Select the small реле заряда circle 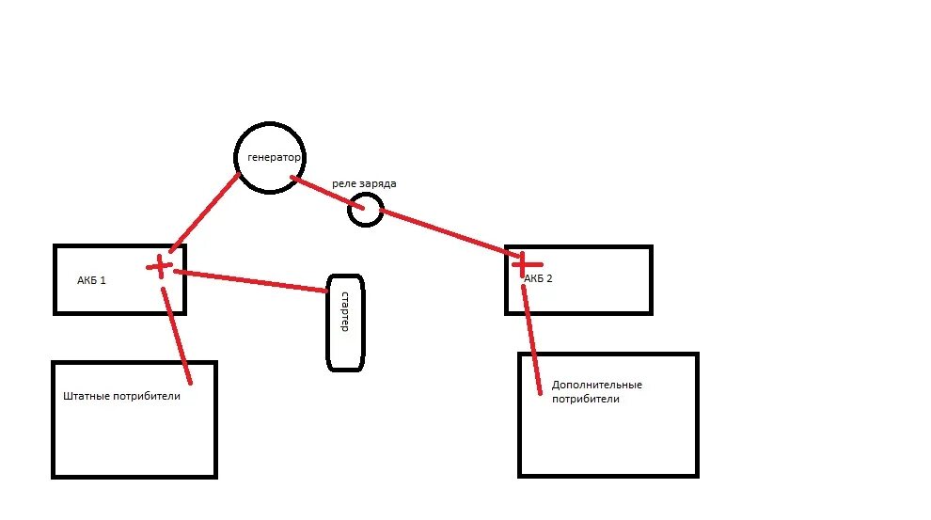[x=365, y=210]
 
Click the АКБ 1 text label [x=92, y=280]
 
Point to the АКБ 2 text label [x=539, y=279]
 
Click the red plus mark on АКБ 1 [x=160, y=266]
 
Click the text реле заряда [x=364, y=184]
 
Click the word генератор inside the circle [x=274, y=158]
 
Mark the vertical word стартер [x=345, y=311]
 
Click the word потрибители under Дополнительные [x=586, y=400]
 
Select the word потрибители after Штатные [x=146, y=396]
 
